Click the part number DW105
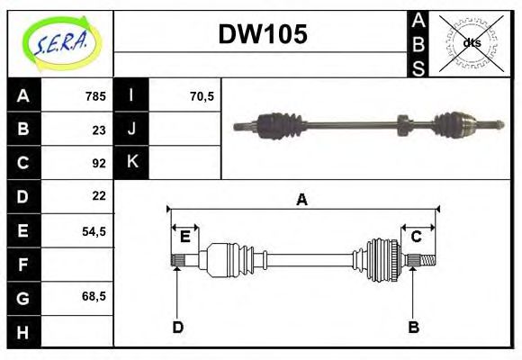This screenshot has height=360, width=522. tap(263, 35)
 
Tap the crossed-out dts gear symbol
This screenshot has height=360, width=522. tap(472, 42)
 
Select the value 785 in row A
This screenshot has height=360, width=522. tap(95, 96)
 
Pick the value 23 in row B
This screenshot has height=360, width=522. tap(99, 130)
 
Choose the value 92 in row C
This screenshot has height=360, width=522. tap(99, 163)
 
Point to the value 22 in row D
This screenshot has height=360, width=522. tap(99, 195)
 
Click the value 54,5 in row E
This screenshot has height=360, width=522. tap(94, 231)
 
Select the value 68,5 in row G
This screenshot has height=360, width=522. tap(94, 296)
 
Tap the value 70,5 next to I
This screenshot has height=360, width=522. tap(202, 96)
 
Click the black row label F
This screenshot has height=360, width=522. tap(23, 265)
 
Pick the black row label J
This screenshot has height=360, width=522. tap(132, 129)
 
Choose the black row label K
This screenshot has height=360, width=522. tap(132, 162)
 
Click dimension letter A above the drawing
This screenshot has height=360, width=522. tap(302, 200)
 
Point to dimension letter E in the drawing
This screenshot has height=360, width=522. tap(184, 237)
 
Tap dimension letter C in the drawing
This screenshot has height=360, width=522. tap(416, 237)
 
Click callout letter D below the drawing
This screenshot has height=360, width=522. tap(177, 328)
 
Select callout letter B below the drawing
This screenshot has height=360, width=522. tap(413, 328)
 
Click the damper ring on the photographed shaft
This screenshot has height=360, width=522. tap(400, 124)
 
